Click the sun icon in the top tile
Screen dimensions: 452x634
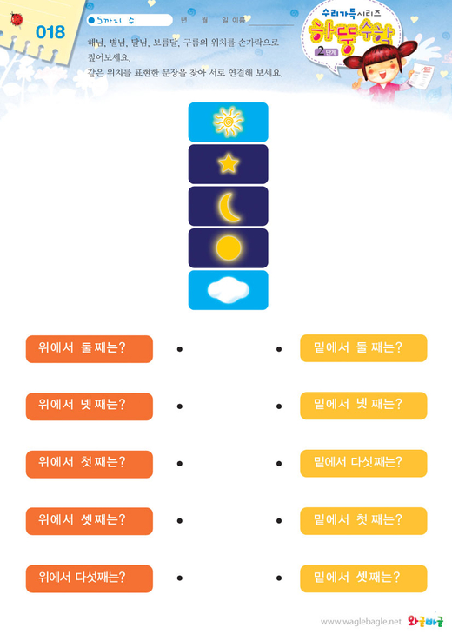click(x=229, y=122)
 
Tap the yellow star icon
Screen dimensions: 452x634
click(x=229, y=164)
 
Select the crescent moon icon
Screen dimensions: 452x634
click(x=229, y=207)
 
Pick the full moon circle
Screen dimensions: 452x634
click(x=229, y=248)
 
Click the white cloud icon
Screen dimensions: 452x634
click(x=229, y=290)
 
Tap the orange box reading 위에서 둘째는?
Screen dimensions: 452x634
click(x=90, y=348)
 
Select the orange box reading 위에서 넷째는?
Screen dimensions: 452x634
click(x=90, y=406)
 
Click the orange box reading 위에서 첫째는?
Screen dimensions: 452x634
click(x=90, y=464)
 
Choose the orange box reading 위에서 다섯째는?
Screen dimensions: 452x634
click(x=90, y=578)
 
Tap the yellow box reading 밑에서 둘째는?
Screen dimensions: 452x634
click(x=363, y=347)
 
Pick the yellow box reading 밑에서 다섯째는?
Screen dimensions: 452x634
click(x=363, y=463)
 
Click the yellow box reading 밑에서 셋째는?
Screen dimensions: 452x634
click(x=363, y=578)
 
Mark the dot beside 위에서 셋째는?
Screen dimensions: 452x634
click(x=180, y=521)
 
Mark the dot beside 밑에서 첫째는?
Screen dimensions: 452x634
click(x=279, y=521)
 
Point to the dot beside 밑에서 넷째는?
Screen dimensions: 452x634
click(x=279, y=406)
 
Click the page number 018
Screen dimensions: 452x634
click(x=50, y=32)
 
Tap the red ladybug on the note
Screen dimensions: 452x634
click(x=17, y=19)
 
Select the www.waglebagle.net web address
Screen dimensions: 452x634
click(x=361, y=622)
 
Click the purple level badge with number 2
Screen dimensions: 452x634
click(x=326, y=52)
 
